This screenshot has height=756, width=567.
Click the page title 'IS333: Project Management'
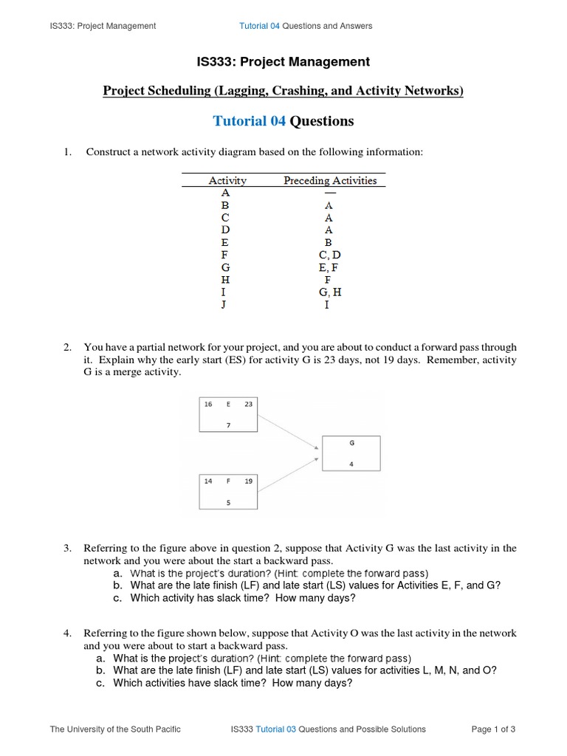click(x=283, y=62)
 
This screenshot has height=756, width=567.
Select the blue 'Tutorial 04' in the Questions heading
click(x=249, y=121)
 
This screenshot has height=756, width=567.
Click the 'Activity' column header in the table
click(x=227, y=180)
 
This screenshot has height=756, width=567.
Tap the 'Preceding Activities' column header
click(x=330, y=180)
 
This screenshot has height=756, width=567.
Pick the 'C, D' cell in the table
click(x=329, y=255)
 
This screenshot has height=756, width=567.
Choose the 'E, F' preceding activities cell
click(x=329, y=267)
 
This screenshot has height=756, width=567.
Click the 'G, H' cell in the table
click(x=329, y=292)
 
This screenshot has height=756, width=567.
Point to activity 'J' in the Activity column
click(x=224, y=305)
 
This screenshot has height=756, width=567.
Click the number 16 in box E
click(x=208, y=405)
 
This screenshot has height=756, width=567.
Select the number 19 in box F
click(x=249, y=481)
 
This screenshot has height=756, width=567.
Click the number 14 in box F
click(x=208, y=481)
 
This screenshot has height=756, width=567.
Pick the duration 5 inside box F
click(x=228, y=502)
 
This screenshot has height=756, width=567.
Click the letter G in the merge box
click(x=351, y=443)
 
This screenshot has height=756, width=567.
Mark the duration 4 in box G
click(x=351, y=464)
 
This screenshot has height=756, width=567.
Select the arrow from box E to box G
click(x=289, y=432)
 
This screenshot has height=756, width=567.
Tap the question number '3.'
click(x=67, y=548)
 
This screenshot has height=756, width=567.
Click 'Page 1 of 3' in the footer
click(x=493, y=729)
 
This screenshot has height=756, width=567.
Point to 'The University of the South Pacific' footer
click(x=115, y=729)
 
